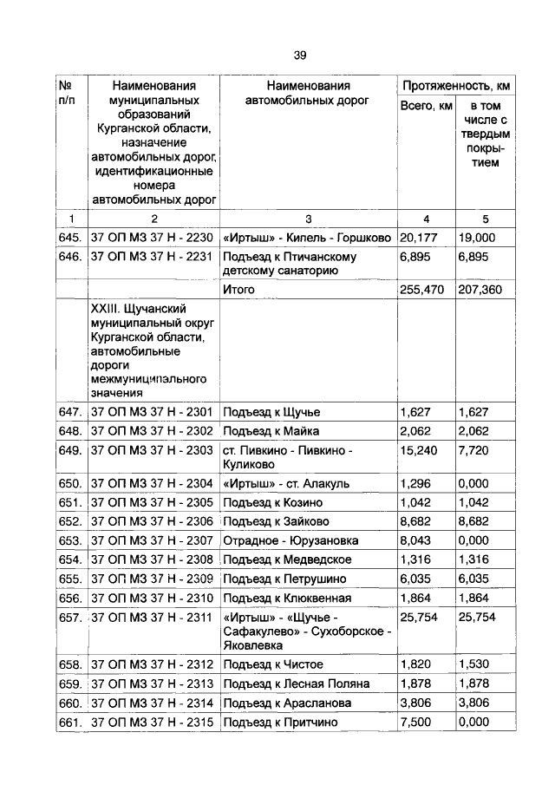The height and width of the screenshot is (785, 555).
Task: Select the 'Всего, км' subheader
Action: tap(426, 106)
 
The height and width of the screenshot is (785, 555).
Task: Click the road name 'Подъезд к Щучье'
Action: tap(277, 412)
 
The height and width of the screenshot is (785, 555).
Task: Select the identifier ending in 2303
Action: tap(152, 450)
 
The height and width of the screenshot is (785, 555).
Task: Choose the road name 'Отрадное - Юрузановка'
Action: tap(291, 540)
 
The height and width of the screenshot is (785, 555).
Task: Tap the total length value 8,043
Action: tap(417, 540)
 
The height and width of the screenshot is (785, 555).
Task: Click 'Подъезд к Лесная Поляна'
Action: tap(296, 684)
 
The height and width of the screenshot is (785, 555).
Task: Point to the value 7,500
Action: tap(417, 722)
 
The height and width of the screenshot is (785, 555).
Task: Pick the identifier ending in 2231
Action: tap(152, 257)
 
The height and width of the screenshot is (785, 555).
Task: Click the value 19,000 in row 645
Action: tap(477, 237)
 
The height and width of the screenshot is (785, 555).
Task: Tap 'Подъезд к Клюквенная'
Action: tap(287, 598)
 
